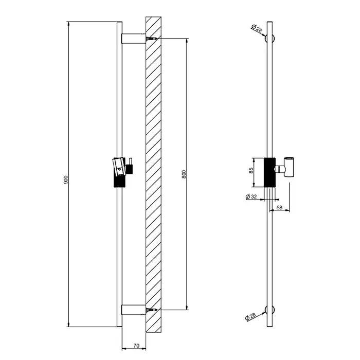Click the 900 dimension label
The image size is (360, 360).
click(x=66, y=180)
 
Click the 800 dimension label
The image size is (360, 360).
click(x=184, y=174)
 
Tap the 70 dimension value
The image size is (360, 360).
click(x=136, y=346)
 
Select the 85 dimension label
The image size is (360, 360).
click(x=251, y=170)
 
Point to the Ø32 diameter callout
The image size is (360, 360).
click(x=251, y=197)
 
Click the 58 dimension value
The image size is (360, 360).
click(x=279, y=208)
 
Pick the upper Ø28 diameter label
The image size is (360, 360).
click(x=257, y=28)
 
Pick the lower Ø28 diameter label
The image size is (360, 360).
click(x=250, y=316)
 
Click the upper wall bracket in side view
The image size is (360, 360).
click(x=133, y=39)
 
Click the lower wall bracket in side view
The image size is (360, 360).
click(x=133, y=310)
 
